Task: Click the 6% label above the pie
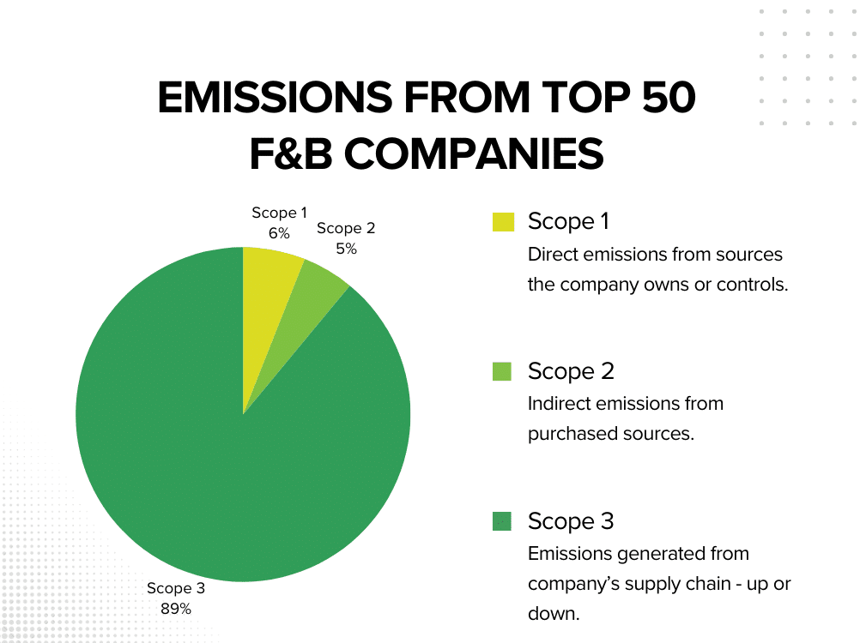[279, 233]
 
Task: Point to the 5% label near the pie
[347, 249]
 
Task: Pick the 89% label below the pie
[176, 609]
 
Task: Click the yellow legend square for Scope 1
[503, 222]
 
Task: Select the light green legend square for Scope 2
[502, 371]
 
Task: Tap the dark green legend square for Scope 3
[502, 521]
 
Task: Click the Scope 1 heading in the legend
[568, 222]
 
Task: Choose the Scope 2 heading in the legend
[571, 371]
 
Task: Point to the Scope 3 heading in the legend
[571, 521]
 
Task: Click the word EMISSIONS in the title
[276, 98]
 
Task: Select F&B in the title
[291, 154]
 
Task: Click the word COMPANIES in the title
[474, 154]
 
